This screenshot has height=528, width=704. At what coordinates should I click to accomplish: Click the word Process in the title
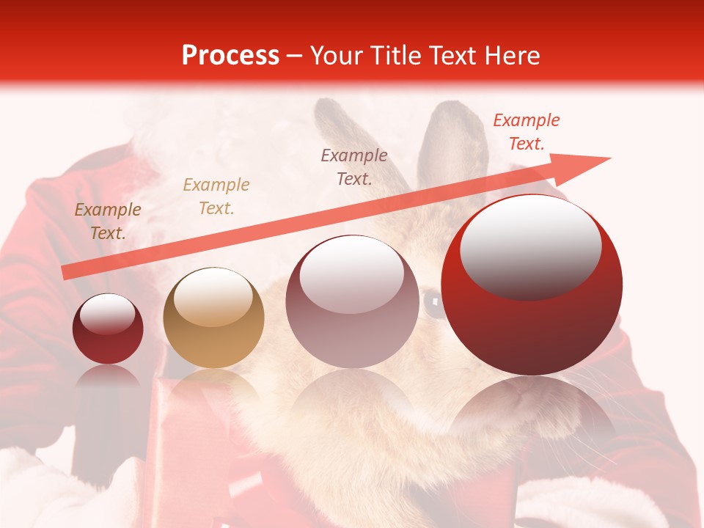(x=230, y=56)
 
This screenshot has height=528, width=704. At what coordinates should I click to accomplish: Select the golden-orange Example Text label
(x=216, y=197)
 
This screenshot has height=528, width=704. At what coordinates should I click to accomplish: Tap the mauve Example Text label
(x=354, y=166)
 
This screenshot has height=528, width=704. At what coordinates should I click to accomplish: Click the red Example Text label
(x=526, y=132)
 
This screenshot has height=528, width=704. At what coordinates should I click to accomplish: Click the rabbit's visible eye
(x=433, y=301)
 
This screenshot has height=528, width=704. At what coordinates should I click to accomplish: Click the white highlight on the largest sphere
(x=530, y=242)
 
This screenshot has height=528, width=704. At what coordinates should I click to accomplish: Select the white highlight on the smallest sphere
(x=108, y=314)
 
